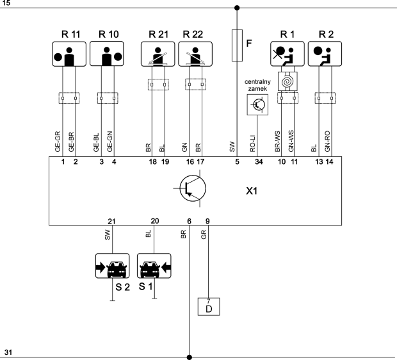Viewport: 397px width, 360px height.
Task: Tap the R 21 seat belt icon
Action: coord(157,55)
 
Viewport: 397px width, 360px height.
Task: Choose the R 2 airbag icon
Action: coord(325,55)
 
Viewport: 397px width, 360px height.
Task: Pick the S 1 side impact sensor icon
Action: coord(154,267)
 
